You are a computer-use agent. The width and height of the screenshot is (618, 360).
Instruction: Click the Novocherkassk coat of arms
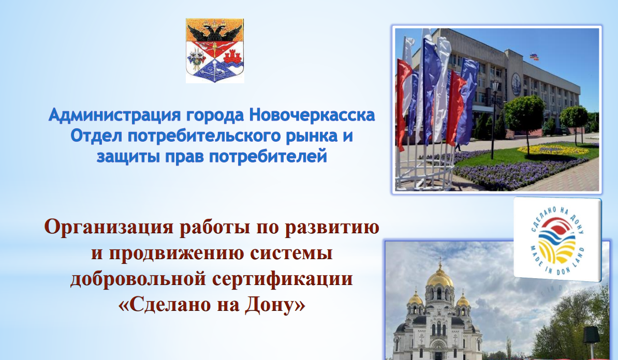tap(215, 50)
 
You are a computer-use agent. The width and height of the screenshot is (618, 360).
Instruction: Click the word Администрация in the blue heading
tap(115, 115)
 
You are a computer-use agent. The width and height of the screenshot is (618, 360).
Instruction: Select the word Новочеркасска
tap(312, 115)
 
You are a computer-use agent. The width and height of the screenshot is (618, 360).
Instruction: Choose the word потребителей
tap(268, 157)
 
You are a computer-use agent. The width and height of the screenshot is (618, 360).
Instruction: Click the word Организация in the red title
tap(108, 227)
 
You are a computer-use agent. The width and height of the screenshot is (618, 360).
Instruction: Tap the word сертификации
tap(283, 279)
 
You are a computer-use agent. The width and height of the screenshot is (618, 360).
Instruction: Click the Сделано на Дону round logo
tap(557, 239)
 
